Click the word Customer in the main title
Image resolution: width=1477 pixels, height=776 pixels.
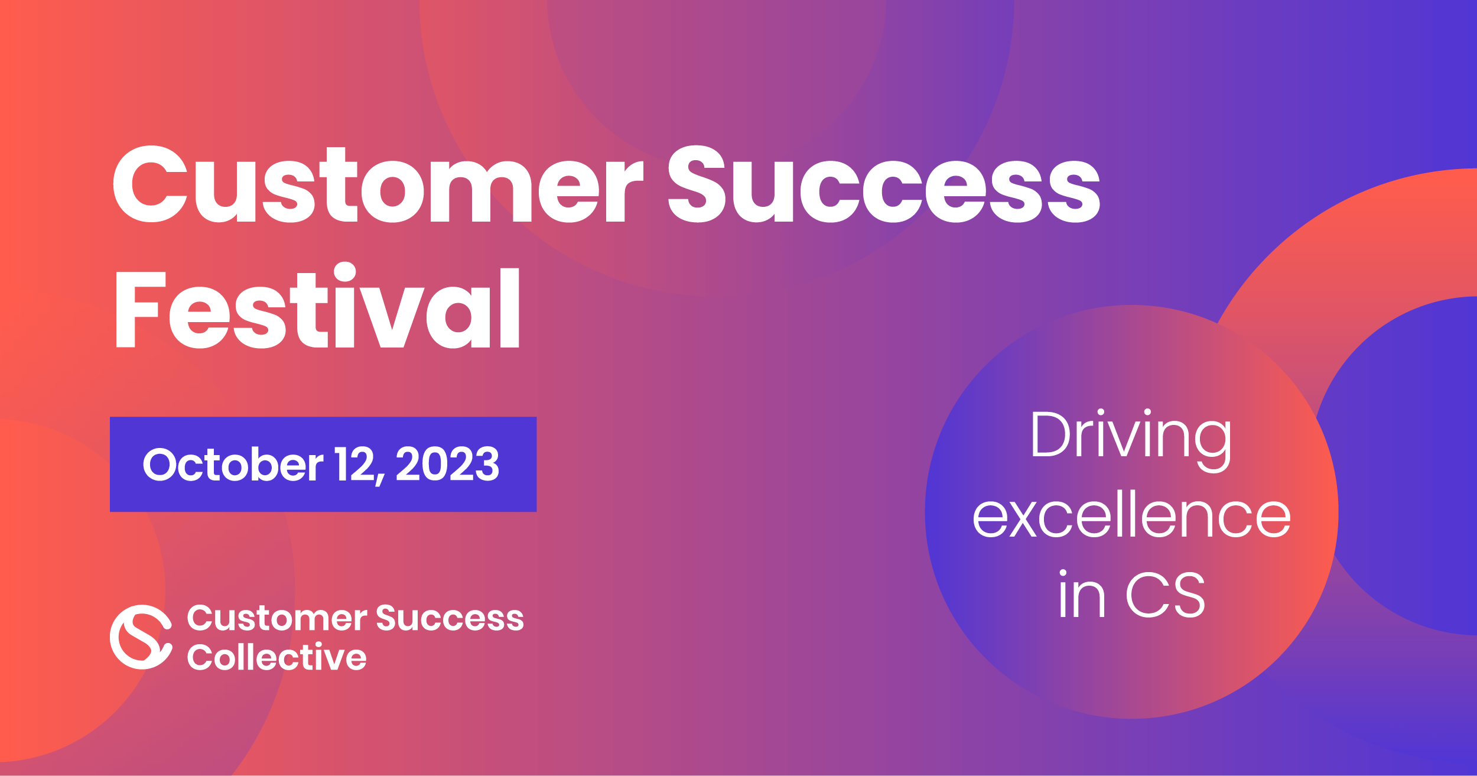click(378, 184)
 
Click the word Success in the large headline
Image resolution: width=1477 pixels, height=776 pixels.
click(884, 184)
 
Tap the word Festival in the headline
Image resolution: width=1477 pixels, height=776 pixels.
click(317, 306)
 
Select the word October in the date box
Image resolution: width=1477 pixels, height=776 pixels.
click(233, 464)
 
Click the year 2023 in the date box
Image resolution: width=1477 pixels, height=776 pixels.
click(447, 464)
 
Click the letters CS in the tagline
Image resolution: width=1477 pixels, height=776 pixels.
click(1166, 595)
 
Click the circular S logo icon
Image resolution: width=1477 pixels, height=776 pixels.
click(141, 637)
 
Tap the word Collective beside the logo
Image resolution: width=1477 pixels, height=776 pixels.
click(277, 657)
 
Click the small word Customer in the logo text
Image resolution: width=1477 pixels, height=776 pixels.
click(277, 618)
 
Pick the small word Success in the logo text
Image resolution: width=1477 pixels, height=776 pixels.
click(450, 618)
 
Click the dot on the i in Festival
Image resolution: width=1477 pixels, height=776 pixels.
click(344, 272)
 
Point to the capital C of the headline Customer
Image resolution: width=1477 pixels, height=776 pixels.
click(150, 184)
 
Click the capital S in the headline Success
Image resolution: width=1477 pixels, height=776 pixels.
click(697, 184)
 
